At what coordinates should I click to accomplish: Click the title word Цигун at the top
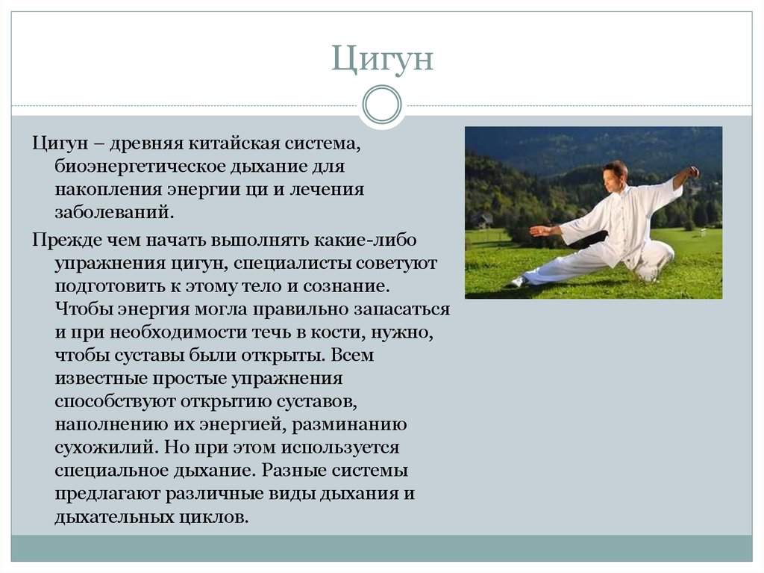(x=382, y=59)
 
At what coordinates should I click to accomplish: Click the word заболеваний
(x=114, y=212)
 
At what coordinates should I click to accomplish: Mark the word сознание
(x=346, y=287)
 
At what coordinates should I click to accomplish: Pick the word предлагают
(x=107, y=494)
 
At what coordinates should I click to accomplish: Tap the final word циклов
(x=214, y=517)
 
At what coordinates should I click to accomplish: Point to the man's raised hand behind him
(x=692, y=173)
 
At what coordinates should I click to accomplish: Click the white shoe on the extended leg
(x=519, y=282)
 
